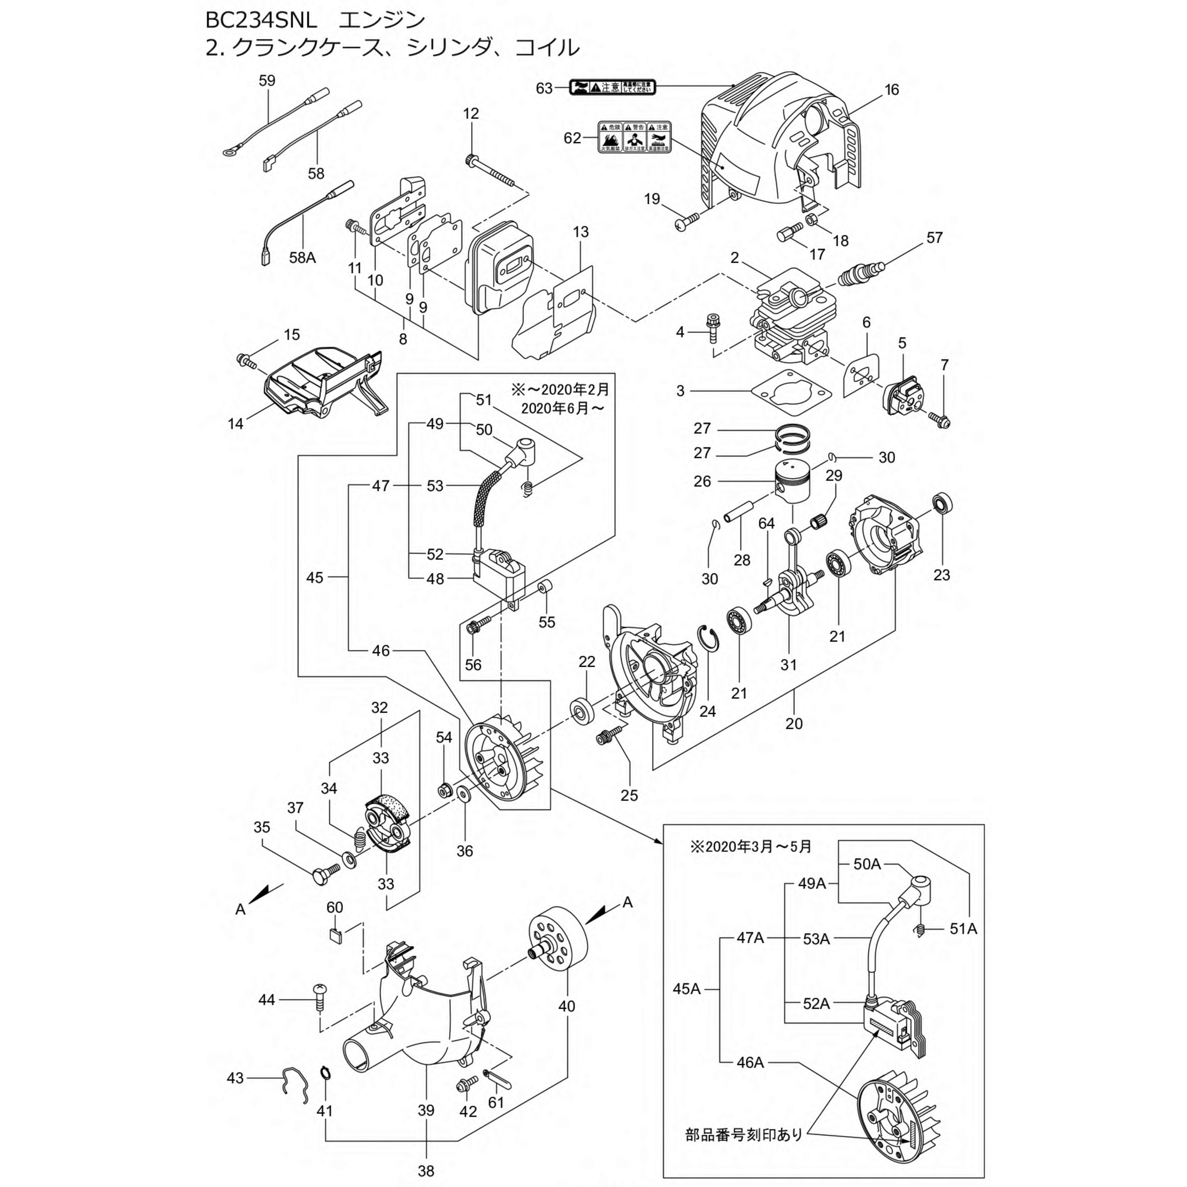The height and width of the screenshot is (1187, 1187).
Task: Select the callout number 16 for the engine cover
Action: tap(892, 90)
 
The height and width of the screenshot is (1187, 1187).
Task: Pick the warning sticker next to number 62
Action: tap(634, 136)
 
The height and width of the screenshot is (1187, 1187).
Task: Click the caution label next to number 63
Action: tap(612, 87)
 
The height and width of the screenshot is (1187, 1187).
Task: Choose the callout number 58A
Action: tap(302, 258)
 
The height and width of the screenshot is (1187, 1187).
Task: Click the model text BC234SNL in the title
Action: tap(261, 20)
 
